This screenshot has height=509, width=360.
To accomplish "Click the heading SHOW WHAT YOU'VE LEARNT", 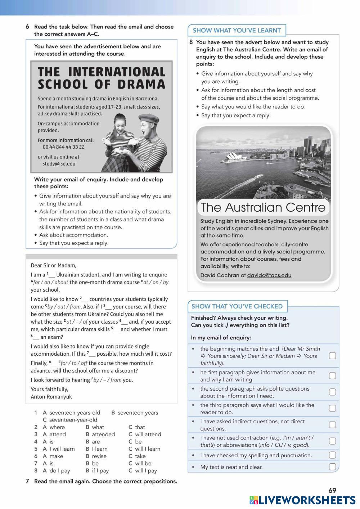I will (x=237, y=31).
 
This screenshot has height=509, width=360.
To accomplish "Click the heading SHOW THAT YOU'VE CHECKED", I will (x=237, y=306).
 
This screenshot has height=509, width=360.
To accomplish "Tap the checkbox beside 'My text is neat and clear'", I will (x=333, y=467).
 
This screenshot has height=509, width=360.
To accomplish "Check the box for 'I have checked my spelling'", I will (x=333, y=455).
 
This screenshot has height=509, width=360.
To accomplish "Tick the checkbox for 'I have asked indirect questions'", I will (x=333, y=425).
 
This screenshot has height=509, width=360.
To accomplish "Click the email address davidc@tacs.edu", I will (x=269, y=275).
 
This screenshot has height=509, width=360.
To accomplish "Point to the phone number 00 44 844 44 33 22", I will (x=63, y=147).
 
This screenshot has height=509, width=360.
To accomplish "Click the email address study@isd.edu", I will (x=59, y=164).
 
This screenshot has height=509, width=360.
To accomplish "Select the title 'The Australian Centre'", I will (x=263, y=207).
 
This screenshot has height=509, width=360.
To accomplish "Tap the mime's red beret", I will (x=149, y=118).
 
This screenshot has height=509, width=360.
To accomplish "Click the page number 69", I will (x=332, y=490).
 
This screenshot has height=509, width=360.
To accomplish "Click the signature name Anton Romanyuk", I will (x=51, y=397).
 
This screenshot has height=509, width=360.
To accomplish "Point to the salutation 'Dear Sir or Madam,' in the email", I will (x=54, y=265).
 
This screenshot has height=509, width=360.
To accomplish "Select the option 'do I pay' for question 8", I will (x=60, y=470).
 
